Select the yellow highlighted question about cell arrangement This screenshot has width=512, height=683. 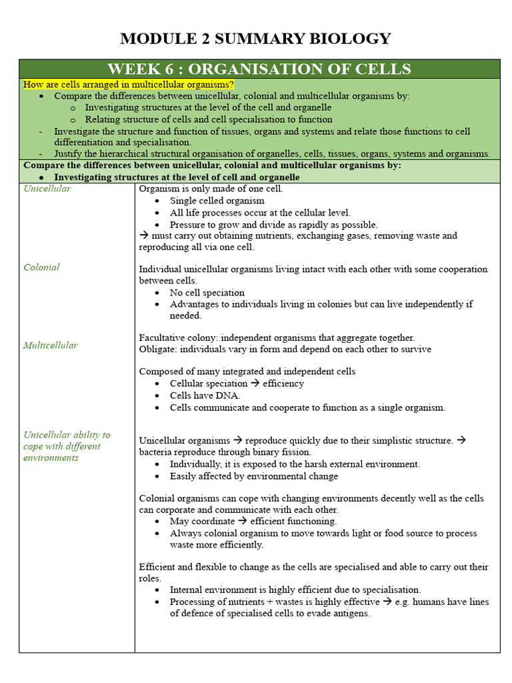(x=129, y=85)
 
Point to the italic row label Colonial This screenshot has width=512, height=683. (x=41, y=267)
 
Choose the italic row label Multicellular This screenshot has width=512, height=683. (x=50, y=346)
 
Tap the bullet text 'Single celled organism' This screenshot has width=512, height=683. (x=217, y=201)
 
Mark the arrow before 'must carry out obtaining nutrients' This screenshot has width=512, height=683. (x=143, y=235)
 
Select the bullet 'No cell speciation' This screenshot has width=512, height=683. (x=207, y=293)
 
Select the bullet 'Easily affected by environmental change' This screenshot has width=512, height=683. (x=253, y=476)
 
